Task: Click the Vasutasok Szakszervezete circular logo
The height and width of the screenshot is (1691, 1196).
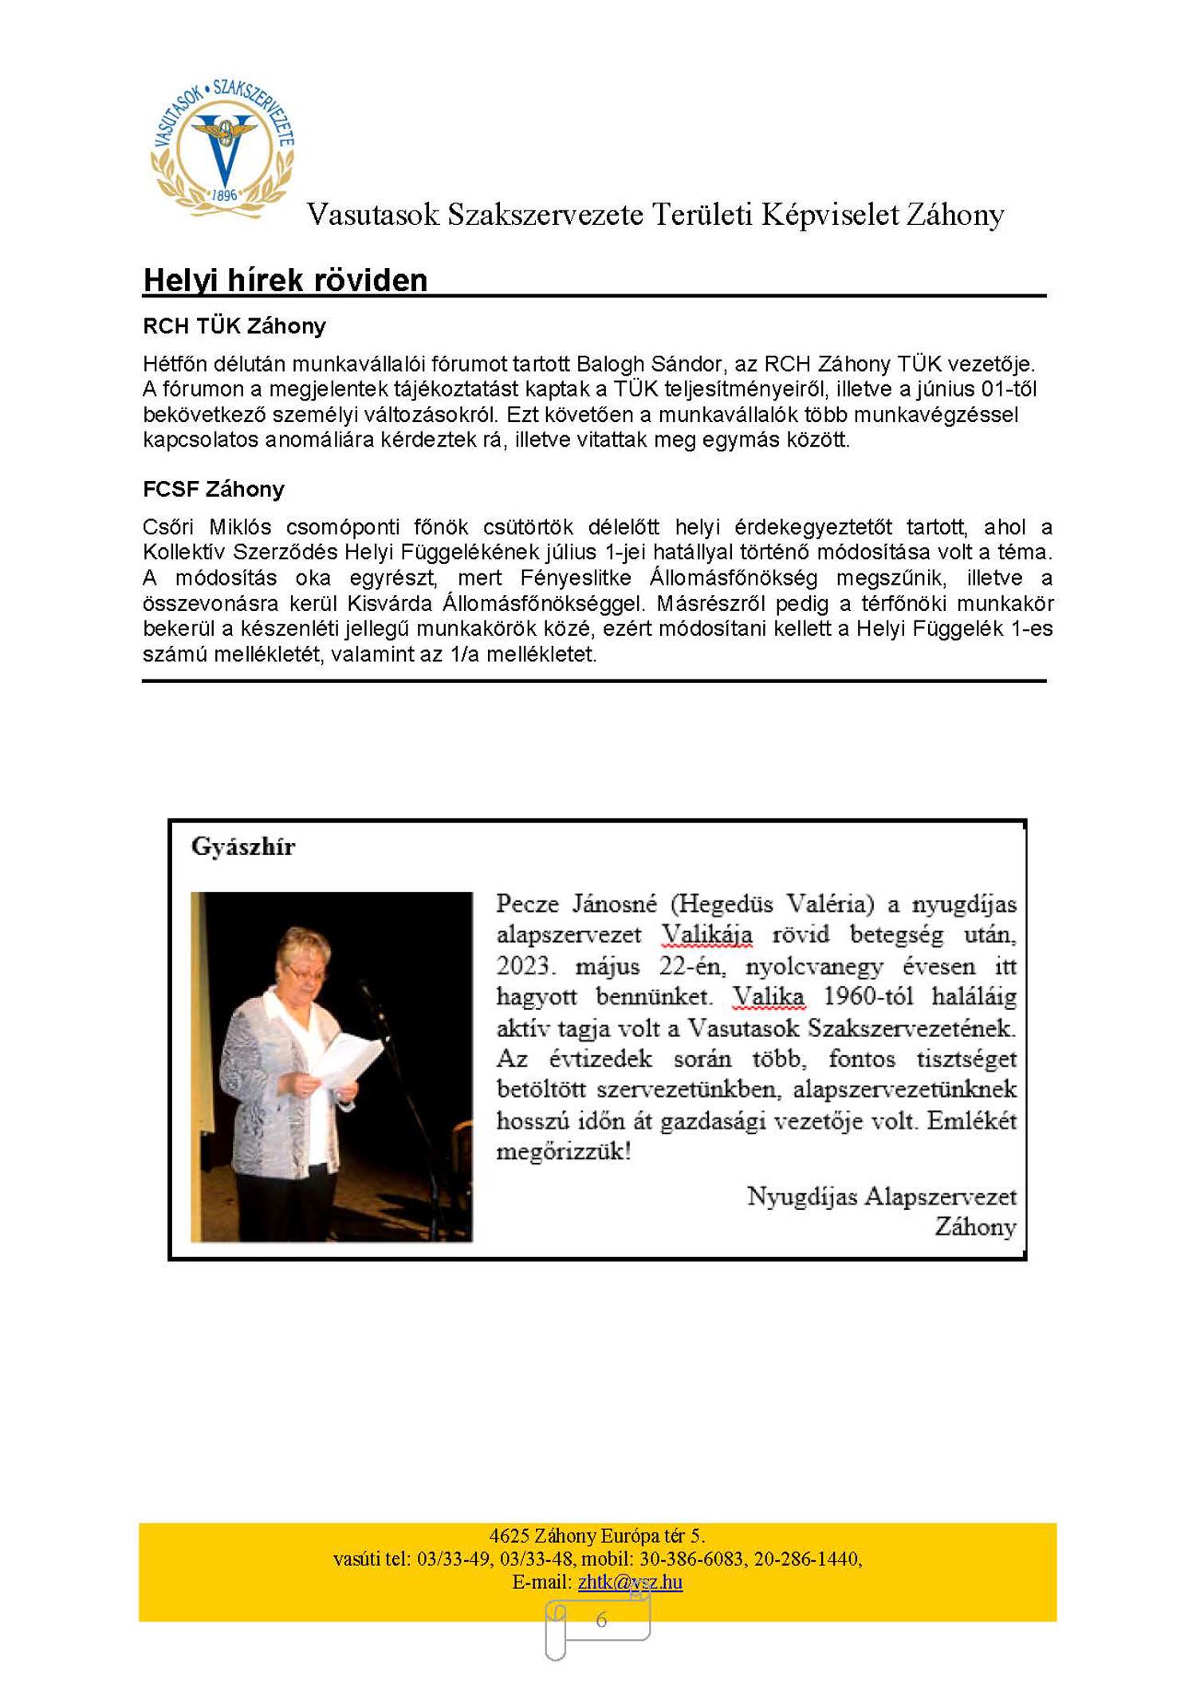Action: [223, 148]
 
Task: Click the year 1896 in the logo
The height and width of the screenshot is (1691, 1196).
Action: [225, 195]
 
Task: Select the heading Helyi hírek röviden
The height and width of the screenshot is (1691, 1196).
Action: [285, 281]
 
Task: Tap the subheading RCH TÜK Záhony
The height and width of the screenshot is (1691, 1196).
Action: [234, 326]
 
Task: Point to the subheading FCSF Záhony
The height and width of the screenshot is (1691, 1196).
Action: [214, 489]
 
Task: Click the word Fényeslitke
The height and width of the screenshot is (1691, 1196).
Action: [576, 577]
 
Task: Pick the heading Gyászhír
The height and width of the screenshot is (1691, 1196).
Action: [243, 847]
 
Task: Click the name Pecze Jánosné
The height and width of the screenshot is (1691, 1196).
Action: [576, 904]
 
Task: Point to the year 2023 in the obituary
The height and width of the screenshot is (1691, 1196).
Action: [524, 966]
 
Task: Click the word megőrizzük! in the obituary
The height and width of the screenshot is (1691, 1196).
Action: [564, 1152]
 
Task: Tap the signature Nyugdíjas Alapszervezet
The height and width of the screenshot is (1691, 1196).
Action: [882, 1196]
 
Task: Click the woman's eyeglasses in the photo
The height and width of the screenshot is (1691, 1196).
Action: [306, 974]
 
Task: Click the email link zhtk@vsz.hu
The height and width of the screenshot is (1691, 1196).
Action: [630, 1581]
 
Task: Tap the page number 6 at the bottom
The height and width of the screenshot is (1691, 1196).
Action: [601, 1619]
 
